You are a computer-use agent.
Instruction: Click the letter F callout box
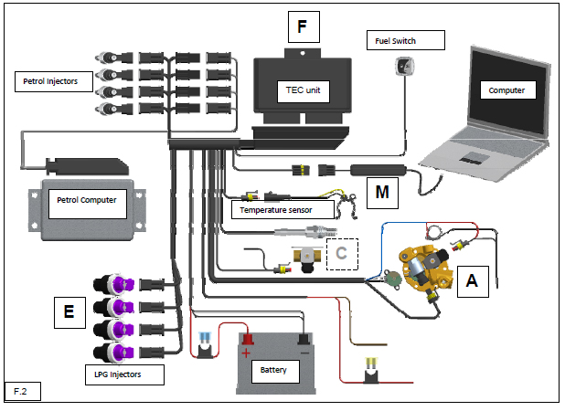(x=302, y=26)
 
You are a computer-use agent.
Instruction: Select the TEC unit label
(x=298, y=90)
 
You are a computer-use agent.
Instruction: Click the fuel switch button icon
(x=402, y=65)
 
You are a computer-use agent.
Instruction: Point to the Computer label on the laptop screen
(x=506, y=91)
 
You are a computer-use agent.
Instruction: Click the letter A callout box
(x=472, y=281)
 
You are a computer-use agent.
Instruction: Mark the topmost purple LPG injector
(x=115, y=285)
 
